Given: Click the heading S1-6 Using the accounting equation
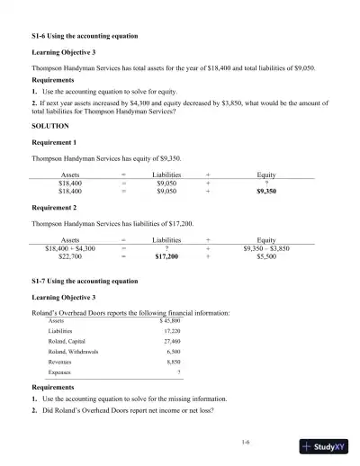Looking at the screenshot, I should pos(82,35).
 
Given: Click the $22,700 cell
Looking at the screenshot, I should pos(69,255).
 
